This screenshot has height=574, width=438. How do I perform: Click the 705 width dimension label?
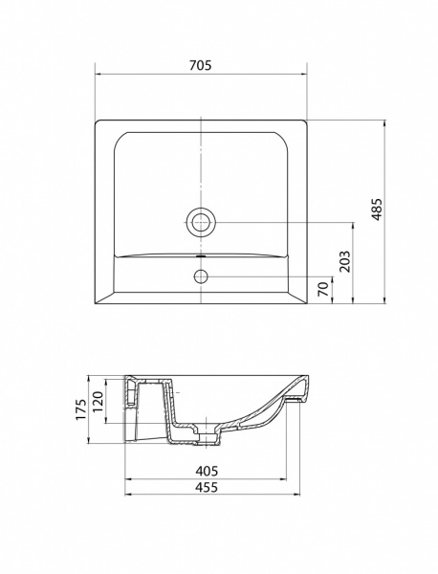(201, 65)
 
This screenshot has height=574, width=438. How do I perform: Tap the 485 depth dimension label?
(377, 210)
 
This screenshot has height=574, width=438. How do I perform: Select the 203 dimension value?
(344, 261)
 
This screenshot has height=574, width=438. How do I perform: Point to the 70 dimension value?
(322, 289)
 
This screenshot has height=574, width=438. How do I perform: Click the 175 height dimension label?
(81, 408)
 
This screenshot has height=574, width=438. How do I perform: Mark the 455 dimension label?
(206, 487)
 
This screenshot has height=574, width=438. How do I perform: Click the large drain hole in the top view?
(201, 222)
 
